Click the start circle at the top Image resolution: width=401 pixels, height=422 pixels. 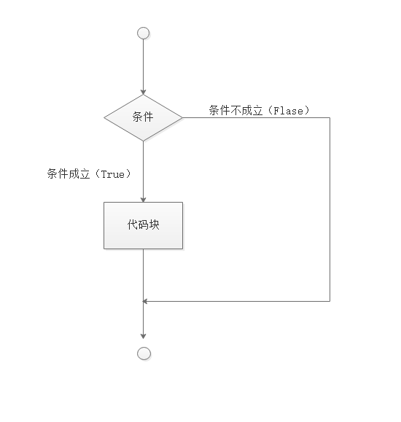tap(144, 34)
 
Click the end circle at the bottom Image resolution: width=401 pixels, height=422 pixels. tap(144, 353)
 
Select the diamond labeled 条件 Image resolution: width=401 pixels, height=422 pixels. tap(144, 117)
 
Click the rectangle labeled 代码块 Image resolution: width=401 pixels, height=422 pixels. tap(144, 225)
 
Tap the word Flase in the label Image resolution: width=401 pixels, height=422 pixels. tap(288, 111)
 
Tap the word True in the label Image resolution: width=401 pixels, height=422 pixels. tap(113, 174)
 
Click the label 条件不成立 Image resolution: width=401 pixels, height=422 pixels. tap(235, 110)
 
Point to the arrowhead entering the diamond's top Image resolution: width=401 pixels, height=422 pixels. tap(144, 92)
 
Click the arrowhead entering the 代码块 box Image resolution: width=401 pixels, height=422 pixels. tap(144, 200)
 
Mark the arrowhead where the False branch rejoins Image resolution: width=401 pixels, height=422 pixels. tap(145, 301)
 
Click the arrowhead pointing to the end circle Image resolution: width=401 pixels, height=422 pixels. tap(144, 336)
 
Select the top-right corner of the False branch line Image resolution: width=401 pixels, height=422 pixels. tap(330, 117)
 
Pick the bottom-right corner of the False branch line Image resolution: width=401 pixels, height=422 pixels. tap(330, 301)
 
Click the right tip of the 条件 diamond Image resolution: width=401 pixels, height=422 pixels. tap(182, 117)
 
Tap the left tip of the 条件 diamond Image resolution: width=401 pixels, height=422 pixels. tap(104, 117)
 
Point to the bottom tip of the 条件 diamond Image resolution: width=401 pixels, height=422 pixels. tap(144, 141)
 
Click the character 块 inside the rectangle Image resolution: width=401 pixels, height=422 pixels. tap(154, 224)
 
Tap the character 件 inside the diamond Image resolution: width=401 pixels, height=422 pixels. tap(149, 117)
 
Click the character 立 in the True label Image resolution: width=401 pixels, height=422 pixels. tap(85, 174)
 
